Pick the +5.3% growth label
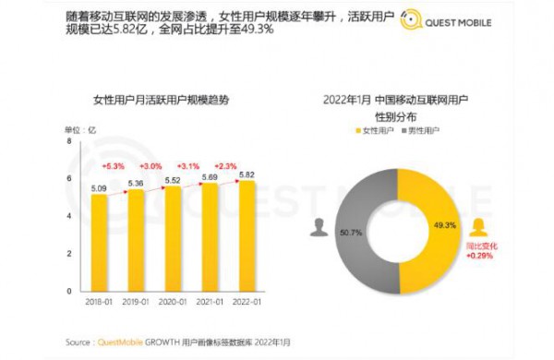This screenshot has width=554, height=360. pos(111,165)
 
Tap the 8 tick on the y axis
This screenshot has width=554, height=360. pos(68,140)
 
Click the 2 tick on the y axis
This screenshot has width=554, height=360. pos(68,253)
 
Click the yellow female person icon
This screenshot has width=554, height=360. pos(479,224)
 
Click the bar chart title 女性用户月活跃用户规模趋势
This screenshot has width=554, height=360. pos(159,99)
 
